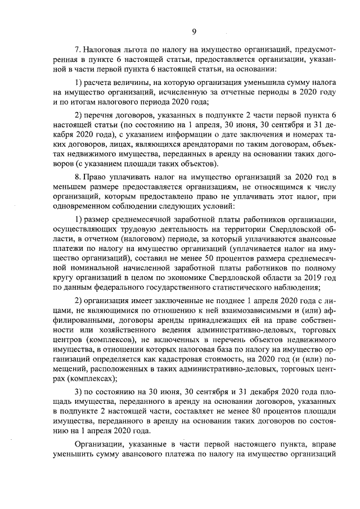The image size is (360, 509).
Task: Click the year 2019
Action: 313,277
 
